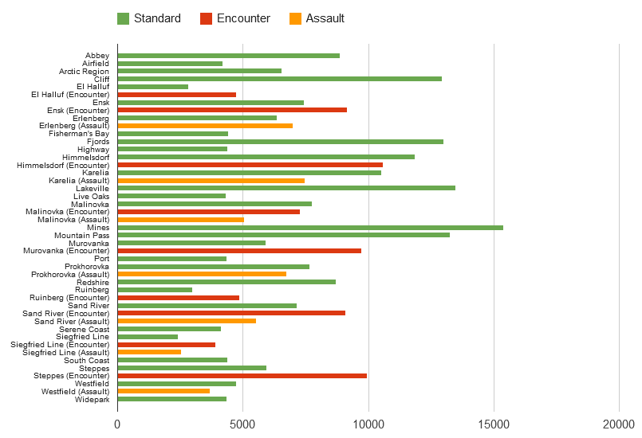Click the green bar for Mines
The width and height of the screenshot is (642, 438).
310,228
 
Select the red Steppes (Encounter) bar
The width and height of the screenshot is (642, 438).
242,376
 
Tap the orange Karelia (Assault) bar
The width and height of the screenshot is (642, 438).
211,181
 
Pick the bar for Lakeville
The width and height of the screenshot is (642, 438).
286,189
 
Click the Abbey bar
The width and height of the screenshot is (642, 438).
228,56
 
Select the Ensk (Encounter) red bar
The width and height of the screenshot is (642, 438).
232,110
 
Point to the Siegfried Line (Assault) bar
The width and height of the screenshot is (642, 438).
149,352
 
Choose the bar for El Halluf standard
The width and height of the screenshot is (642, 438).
152,87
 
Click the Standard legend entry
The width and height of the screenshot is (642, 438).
149,18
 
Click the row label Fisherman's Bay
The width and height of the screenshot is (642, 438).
80,134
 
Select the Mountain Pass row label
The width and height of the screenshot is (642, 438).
81,236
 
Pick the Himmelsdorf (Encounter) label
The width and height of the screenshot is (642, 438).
63,165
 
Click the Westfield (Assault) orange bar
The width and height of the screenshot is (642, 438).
163,391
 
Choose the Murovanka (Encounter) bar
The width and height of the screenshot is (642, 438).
239,251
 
